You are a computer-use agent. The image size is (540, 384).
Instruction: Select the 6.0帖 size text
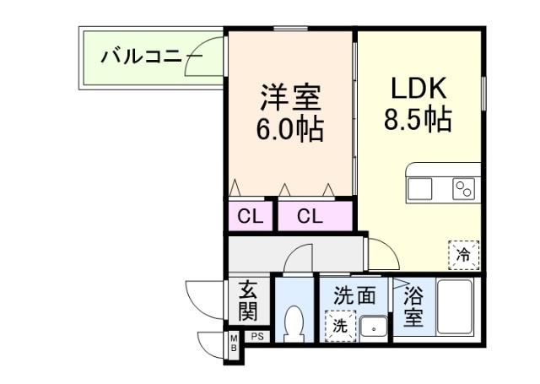click(289, 132)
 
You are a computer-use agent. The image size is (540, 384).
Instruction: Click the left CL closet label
click(250, 217)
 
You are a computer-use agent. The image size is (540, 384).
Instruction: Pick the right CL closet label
click(310, 217)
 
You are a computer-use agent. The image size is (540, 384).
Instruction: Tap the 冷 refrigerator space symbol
click(463, 252)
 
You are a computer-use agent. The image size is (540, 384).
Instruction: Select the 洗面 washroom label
click(354, 296)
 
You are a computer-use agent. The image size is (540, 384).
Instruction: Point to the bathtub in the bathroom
click(452, 309)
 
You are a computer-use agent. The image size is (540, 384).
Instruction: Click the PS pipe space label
click(257, 337)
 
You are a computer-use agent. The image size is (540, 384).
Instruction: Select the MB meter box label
click(234, 344)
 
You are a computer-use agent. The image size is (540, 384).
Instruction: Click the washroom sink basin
click(372, 325)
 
